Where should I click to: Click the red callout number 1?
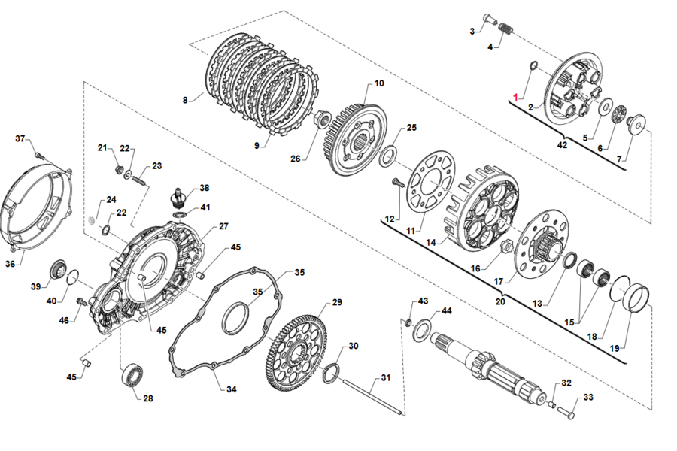[516, 98]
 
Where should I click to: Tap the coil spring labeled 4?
[506, 30]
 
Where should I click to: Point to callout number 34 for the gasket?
[232, 389]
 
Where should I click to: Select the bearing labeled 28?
[134, 374]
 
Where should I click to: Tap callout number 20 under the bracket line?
[500, 301]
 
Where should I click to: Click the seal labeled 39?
[57, 269]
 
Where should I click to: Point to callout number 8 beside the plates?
[185, 98]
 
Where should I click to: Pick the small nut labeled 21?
[118, 170]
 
